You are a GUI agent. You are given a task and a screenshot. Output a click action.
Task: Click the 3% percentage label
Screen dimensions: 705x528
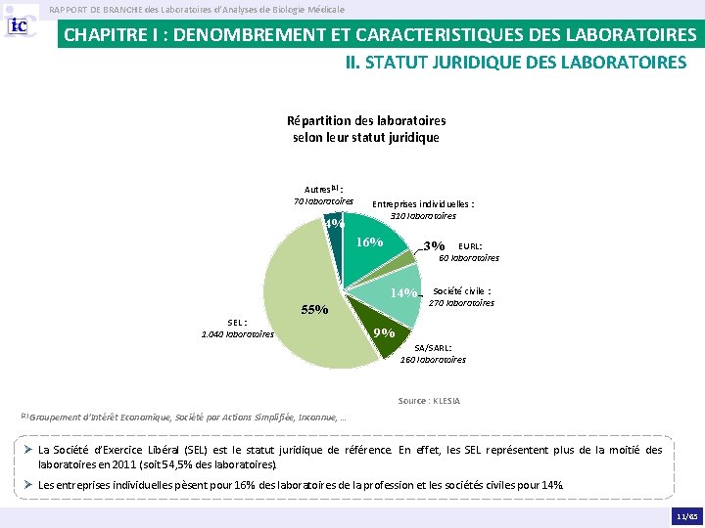(434, 245)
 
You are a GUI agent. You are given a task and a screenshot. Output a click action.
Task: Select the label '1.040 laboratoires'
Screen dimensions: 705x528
(237, 334)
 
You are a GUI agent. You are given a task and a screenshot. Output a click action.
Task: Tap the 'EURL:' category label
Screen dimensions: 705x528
(470, 246)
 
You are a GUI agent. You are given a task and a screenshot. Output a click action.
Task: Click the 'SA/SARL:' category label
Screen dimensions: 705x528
(433, 347)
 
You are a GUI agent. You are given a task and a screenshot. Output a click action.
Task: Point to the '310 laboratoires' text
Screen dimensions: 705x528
(423, 216)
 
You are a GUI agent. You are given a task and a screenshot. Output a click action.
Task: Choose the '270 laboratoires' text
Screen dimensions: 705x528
(461, 303)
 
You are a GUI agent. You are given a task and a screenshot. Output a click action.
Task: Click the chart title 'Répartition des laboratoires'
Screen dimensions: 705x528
(366, 121)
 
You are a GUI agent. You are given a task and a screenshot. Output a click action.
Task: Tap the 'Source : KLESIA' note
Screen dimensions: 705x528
(429, 401)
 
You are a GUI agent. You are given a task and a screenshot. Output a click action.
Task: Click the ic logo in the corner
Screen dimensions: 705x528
(19, 25)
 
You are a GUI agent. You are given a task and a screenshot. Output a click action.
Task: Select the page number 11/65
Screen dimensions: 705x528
(687, 517)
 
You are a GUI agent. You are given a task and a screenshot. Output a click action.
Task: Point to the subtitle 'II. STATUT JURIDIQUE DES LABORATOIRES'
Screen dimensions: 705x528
(516, 62)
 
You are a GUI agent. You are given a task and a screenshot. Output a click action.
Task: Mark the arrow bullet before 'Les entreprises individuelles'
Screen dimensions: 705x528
(27, 484)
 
